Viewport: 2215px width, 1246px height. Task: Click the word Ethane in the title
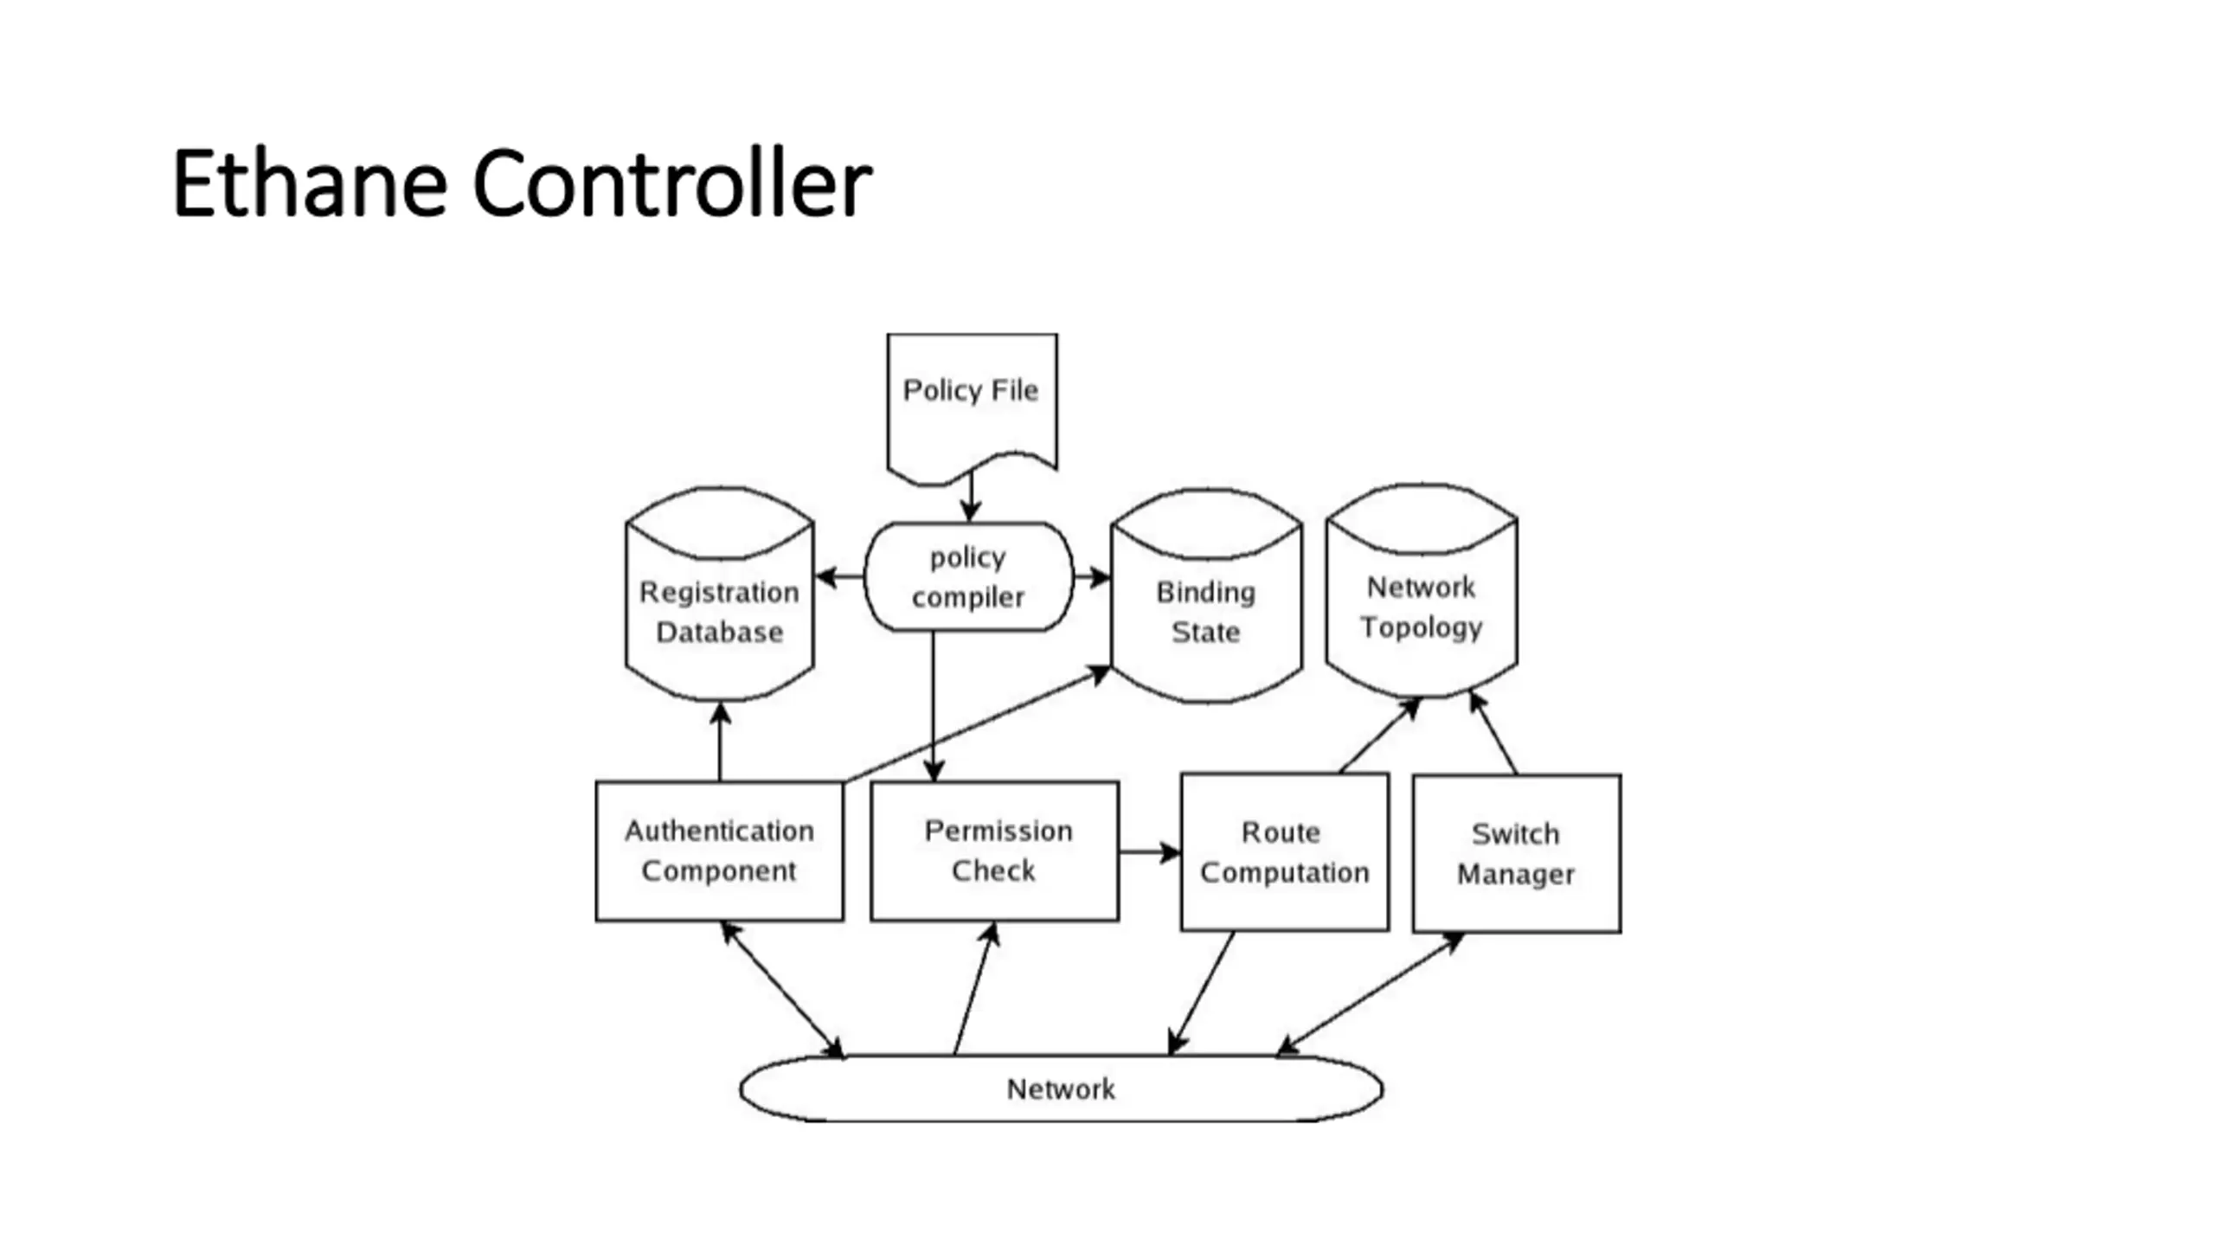click(x=310, y=183)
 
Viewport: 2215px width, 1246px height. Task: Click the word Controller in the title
click(x=672, y=183)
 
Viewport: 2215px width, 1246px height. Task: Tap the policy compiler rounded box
click(x=969, y=576)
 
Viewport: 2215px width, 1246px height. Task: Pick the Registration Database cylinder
click(x=719, y=594)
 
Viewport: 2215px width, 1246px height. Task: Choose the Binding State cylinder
click(x=1206, y=596)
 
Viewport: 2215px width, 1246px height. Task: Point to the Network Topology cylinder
click(x=1422, y=591)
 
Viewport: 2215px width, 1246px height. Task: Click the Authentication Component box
click(x=719, y=851)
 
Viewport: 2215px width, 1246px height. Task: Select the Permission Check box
click(x=994, y=851)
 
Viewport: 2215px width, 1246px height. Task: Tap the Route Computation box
click(x=1285, y=852)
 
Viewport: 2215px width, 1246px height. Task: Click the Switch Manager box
click(x=1517, y=854)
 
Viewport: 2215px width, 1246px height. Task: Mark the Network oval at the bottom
click(x=1062, y=1089)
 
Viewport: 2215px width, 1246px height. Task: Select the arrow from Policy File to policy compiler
click(x=971, y=497)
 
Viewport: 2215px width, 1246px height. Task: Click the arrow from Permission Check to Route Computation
click(x=1150, y=852)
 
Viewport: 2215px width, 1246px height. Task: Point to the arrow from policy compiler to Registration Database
click(x=839, y=576)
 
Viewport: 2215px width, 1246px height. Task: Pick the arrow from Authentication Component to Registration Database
click(x=720, y=742)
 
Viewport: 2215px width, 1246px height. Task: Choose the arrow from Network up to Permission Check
click(x=975, y=988)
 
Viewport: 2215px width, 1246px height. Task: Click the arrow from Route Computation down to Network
click(x=1201, y=993)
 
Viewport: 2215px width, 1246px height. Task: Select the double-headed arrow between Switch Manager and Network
click(x=1371, y=994)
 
